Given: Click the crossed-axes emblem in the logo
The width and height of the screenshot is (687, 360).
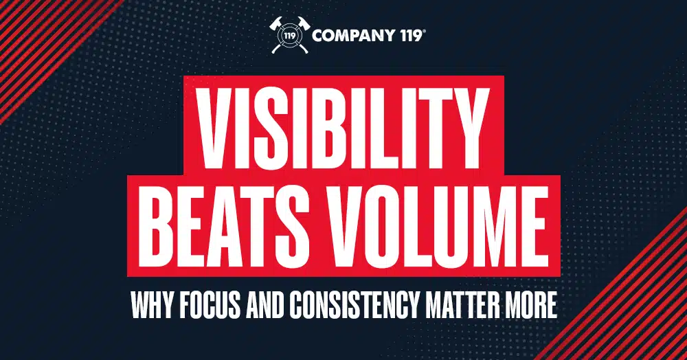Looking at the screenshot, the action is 289,35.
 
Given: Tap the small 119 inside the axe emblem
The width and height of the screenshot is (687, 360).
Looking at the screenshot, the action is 289,36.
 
